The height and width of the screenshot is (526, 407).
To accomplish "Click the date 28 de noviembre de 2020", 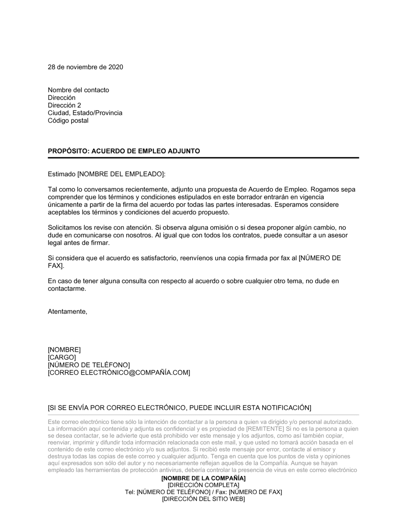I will pyautogui.click(x=85, y=67).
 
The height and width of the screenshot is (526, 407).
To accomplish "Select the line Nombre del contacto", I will pyautogui.click(x=79, y=90).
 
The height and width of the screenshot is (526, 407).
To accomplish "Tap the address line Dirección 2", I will pyautogui.click(x=64, y=105).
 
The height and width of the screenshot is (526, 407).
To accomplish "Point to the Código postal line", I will pyautogui.click(x=68, y=121).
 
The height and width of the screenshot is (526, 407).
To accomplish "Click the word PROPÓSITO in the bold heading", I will pyautogui.click(x=68, y=151).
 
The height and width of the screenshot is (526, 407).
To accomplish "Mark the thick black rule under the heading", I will pyautogui.click(x=203, y=158).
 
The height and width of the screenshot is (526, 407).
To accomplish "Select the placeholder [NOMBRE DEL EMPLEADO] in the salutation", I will pyautogui.click(x=120, y=174).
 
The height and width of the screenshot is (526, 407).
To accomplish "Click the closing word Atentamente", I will pyautogui.click(x=67, y=312).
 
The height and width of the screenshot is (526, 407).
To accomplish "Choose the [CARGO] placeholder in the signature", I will pyautogui.click(x=62, y=357).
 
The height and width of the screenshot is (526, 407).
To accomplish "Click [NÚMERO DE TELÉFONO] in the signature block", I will pyautogui.click(x=89, y=365).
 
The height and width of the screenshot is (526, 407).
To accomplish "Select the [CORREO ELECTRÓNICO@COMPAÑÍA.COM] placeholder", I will pyautogui.click(x=119, y=373).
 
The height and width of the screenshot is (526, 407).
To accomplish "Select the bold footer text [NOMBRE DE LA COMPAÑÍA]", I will pyautogui.click(x=203, y=478).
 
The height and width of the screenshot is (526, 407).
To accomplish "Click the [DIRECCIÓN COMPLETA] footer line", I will pyautogui.click(x=203, y=485).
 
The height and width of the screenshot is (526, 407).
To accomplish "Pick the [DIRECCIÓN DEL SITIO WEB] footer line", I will pyautogui.click(x=203, y=499).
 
